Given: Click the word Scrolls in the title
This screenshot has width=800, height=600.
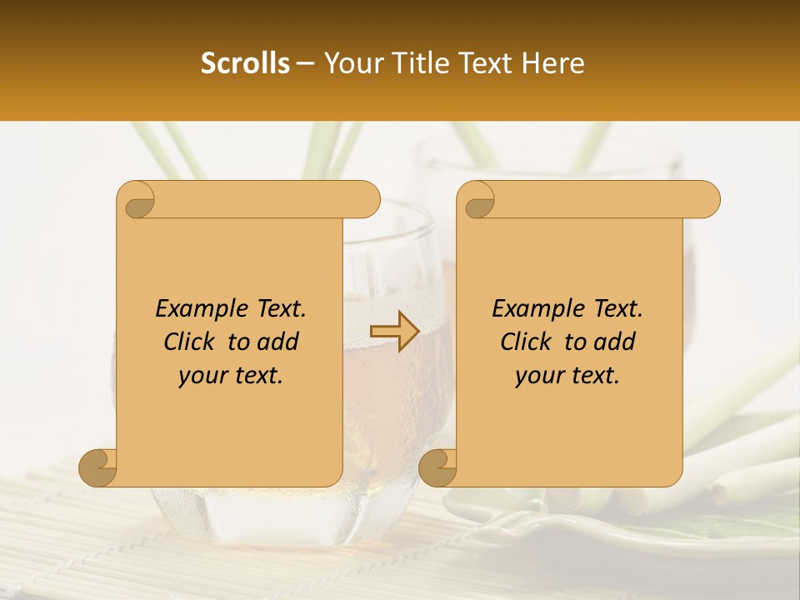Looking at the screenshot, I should coord(245,63).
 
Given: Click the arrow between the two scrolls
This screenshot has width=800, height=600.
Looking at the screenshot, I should coord(394,331).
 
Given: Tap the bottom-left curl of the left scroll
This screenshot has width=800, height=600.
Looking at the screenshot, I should coord(97,467).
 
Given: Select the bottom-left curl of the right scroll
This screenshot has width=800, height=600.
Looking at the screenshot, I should coord(437,467).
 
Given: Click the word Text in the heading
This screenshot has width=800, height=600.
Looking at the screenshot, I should coord(485,63).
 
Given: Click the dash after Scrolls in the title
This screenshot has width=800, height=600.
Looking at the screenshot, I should coord(304,63).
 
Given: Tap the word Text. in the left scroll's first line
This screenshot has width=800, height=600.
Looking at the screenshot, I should coord(279,308).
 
